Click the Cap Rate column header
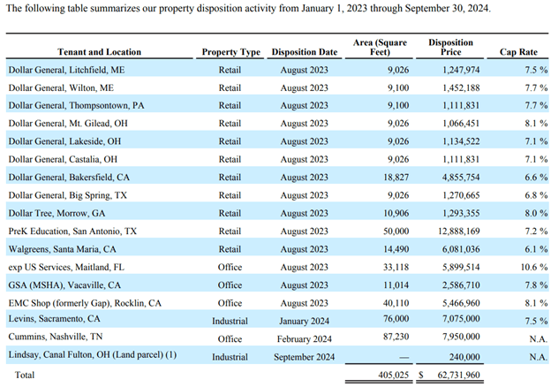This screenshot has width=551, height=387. pos(518,52)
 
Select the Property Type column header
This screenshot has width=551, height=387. pos(230,52)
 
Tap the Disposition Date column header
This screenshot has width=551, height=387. pos(305,52)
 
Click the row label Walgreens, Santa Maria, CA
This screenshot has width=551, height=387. pos(62,249)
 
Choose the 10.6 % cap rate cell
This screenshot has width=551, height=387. pos(534,267)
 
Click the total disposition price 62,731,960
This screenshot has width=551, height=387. pos(458,375)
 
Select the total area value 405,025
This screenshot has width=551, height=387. pos(394,375)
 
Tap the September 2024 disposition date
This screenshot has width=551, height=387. pos(305,357)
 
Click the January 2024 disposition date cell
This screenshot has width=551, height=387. pos(305,322)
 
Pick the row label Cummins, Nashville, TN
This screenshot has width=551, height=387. pos(56,337)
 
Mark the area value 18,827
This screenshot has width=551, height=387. pos(396,178)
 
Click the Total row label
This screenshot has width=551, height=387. pos(25,375)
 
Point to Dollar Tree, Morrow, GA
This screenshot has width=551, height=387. pos(57,213)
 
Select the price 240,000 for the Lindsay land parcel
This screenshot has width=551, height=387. pos(464,357)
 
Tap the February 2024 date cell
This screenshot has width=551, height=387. pos(305,339)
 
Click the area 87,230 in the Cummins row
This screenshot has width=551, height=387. pos(396,337)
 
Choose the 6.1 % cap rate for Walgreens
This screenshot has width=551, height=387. pos(536,249)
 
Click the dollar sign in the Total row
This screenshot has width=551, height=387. pos(421,375)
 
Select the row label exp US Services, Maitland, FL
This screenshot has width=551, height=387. pos(66,268)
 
